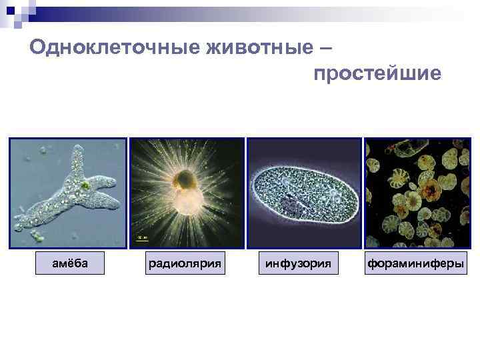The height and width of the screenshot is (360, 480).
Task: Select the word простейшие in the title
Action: coord(377,73)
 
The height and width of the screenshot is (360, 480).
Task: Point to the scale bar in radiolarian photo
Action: coord(141,237)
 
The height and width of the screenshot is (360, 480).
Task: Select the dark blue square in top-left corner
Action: coord(10,10)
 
